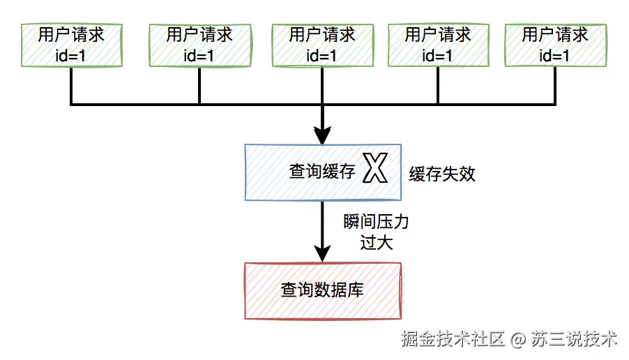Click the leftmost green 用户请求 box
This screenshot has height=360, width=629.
pos(72,45)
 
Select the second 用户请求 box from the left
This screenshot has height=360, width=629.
pos(199,45)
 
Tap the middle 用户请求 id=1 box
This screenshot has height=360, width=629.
pos(322,45)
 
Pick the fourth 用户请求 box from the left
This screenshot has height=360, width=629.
pos(438,45)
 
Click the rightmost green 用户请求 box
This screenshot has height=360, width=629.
pos(555,45)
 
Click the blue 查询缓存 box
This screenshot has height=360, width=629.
pos(322,171)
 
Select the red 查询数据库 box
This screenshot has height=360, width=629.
pos(322,290)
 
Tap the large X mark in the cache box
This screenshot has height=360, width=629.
pos(375,170)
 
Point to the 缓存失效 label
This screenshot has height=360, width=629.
pos(442,174)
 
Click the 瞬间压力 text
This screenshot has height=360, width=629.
pos(376,223)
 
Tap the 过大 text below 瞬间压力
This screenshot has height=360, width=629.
pos(377,243)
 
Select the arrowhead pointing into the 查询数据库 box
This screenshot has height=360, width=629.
pos(322,253)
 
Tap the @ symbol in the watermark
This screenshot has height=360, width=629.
pos(517,340)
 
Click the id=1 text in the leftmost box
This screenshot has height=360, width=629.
pos(71,56)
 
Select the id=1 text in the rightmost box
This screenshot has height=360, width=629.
pos(555,56)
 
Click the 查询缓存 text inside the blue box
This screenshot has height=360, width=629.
pos(322,172)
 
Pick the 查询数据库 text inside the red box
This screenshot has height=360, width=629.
pos(322,290)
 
